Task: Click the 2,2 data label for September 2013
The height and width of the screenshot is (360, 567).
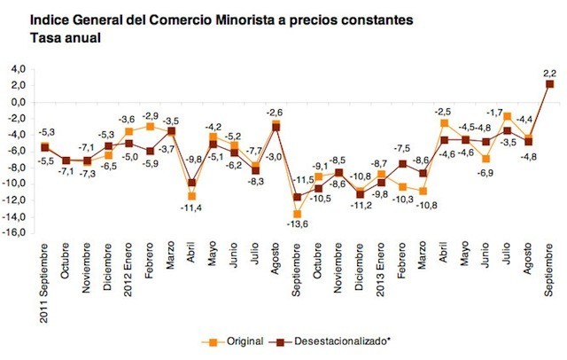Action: tap(550, 72)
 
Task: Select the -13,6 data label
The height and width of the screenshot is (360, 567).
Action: tap(299, 224)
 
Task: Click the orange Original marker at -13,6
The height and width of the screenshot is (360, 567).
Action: tap(297, 214)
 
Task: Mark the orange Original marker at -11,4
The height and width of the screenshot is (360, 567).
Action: tap(191, 196)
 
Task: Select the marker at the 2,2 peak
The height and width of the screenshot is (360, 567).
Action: tap(549, 84)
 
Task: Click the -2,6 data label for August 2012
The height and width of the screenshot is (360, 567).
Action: tap(275, 112)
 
